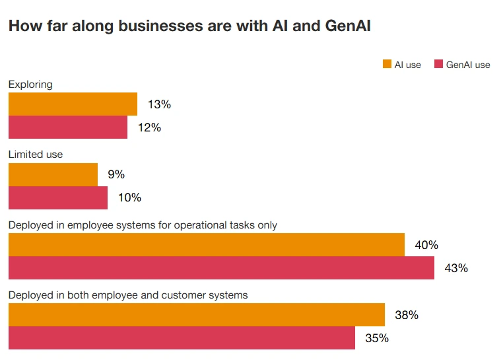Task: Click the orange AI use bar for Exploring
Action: click(x=73, y=104)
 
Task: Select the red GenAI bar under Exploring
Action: click(x=67, y=127)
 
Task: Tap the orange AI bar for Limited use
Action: click(x=53, y=174)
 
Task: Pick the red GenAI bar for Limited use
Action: click(x=57, y=198)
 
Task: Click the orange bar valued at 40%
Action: click(x=206, y=244)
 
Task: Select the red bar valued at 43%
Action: click(x=221, y=268)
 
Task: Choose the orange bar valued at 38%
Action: click(x=196, y=315)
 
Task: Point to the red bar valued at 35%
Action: click(x=182, y=338)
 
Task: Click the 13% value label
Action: click(x=159, y=104)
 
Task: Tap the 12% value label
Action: click(x=149, y=127)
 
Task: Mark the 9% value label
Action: click(x=116, y=174)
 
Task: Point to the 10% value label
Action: click(x=129, y=198)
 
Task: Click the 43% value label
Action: click(x=456, y=268)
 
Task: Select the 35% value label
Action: click(x=377, y=338)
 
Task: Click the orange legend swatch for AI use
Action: click(x=387, y=64)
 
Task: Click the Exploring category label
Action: click(x=30, y=84)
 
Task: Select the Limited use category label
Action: click(x=36, y=154)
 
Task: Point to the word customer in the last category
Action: click(x=189, y=295)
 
